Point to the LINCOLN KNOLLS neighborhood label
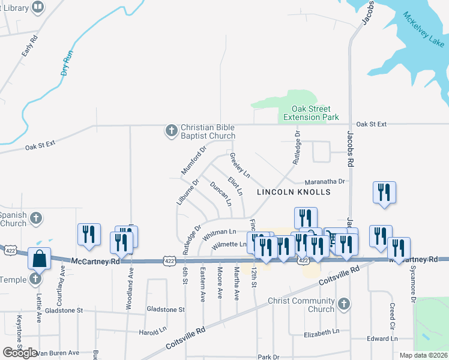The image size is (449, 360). coord(294,193)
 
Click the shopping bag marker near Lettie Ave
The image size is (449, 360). coord(39,259)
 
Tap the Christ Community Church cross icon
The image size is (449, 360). coord(343,304)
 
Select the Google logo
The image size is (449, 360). coord(20,353)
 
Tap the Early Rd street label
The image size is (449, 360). coord(29,46)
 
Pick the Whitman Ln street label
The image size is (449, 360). coord(216,232)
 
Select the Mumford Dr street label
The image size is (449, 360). coord(194,160)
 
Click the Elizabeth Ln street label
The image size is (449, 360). coord(322,332)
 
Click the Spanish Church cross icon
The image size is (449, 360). coord(36,217)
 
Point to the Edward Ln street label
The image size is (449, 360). coord(382,339)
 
